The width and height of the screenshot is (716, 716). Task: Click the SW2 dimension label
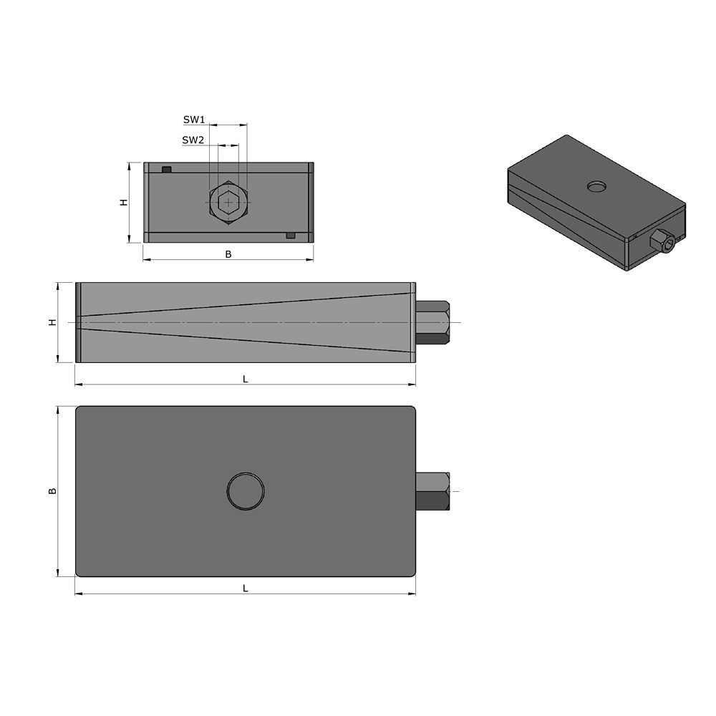(x=193, y=140)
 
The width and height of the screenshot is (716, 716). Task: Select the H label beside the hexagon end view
(x=123, y=203)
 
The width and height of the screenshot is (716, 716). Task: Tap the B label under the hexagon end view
(x=228, y=253)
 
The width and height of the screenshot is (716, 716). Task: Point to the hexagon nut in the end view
(x=228, y=203)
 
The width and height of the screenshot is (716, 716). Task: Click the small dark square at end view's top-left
(x=167, y=170)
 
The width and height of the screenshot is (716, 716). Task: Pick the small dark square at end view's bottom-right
(x=290, y=236)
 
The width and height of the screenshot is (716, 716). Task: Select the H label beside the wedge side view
(x=52, y=323)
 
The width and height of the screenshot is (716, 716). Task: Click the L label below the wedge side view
(x=245, y=379)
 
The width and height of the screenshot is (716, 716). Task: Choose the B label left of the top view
(x=52, y=491)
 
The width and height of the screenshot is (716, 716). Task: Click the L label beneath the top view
(x=245, y=588)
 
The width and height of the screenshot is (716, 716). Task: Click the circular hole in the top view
(x=246, y=491)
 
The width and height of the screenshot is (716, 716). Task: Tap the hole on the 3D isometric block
(x=596, y=187)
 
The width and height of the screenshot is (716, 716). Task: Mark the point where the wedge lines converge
(x=80, y=323)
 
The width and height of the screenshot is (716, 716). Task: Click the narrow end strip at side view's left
(x=77, y=323)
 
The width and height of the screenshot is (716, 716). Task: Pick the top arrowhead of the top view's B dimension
(x=57, y=409)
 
